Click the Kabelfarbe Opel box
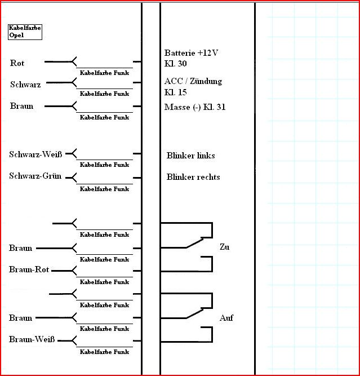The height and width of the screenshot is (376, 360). tap(25, 31)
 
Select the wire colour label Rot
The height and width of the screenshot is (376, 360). tap(17, 63)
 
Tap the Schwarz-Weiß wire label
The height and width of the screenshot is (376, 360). tap(35, 154)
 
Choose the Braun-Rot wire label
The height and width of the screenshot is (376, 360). tap(29, 270)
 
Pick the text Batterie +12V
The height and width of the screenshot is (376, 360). tap(191, 53)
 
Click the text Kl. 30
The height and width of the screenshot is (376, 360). tap(175, 64)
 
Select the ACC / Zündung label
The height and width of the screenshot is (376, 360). tap(193, 81)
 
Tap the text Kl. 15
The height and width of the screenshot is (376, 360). tap(175, 92)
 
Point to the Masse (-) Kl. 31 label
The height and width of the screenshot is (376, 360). tap(195, 107)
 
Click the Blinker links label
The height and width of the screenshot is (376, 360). tap(190, 156)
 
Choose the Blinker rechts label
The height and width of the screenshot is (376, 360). tap(193, 177)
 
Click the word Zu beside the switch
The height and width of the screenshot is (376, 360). tap(225, 247)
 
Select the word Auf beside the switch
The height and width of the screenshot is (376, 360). tap(226, 319)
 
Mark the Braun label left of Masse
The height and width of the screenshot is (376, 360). tap(21, 106)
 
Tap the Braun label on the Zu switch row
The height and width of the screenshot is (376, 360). tap(21, 248)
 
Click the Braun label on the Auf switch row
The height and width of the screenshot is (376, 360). tap(21, 318)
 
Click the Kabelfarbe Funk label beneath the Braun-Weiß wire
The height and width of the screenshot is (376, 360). tap(104, 352)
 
